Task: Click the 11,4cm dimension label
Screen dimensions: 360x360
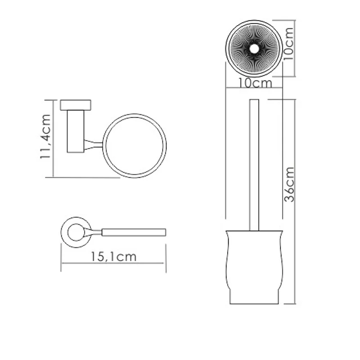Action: (45, 138)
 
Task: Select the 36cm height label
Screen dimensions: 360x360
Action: (289, 184)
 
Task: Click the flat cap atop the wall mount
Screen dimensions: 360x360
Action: (76, 105)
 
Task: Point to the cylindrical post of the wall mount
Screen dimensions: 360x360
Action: (76, 131)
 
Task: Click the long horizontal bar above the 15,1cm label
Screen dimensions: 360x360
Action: (134, 232)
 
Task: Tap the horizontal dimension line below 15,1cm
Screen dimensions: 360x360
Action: (113, 264)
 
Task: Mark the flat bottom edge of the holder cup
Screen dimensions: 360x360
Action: (254, 303)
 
